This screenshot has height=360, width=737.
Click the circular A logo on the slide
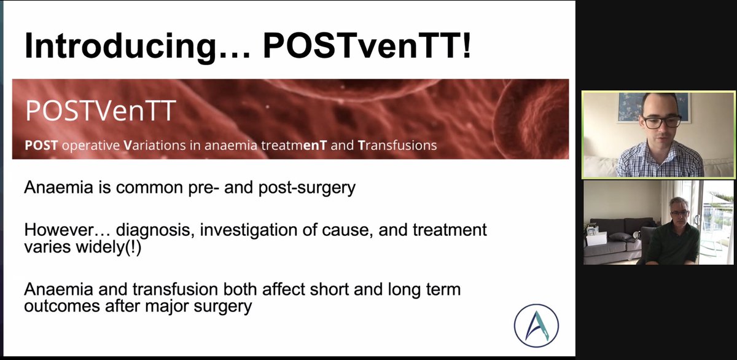click(x=537, y=326)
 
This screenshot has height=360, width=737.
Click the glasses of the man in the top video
click(x=661, y=121)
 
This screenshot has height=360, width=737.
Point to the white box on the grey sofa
click(x=596, y=238)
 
